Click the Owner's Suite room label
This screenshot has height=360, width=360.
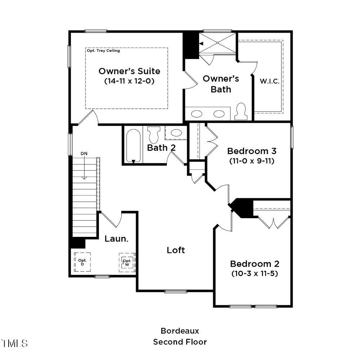tap(129, 71)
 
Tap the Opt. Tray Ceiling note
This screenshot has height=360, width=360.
tap(103, 51)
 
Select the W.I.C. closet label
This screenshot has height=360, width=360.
tap(270, 81)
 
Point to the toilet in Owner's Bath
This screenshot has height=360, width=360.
tap(241, 112)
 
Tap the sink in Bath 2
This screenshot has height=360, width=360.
tap(176, 133)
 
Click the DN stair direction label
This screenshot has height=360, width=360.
tap(84, 153)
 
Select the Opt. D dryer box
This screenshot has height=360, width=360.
tap(82, 262)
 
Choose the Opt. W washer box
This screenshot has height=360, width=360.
tap(127, 262)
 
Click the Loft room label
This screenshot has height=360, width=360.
tap(176, 250)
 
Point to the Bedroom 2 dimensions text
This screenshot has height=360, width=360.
tap(255, 273)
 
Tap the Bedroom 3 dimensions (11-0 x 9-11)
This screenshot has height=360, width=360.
tap(252, 161)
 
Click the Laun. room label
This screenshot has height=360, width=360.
tap(116, 238)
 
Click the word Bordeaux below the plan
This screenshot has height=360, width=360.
tap(180, 330)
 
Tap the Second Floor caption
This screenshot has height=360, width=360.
tap(180, 342)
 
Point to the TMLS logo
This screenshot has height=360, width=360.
tap(14, 343)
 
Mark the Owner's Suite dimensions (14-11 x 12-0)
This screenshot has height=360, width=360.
tap(129, 81)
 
